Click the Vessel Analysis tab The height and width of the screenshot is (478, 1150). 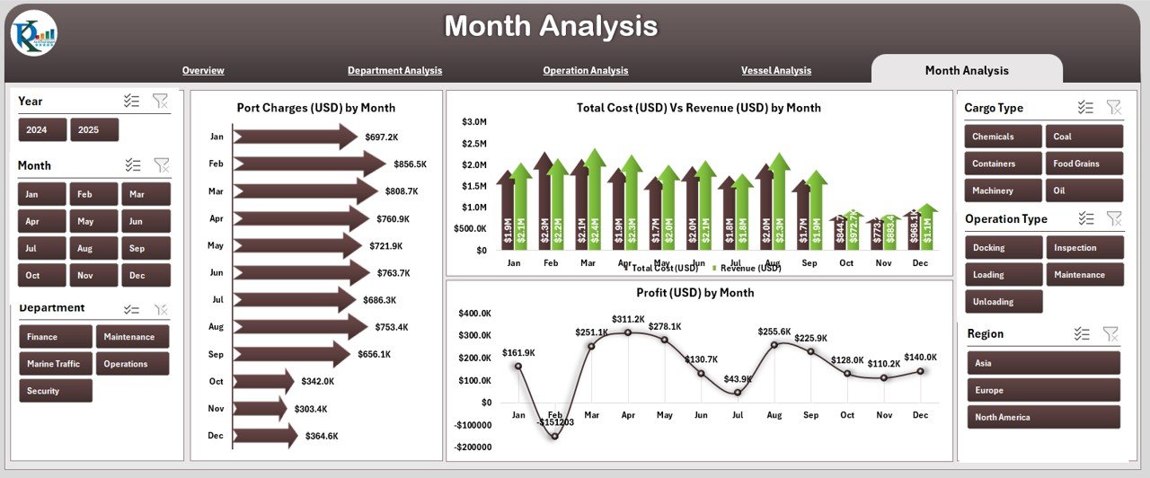click(775, 70)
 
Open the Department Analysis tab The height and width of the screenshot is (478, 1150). click(394, 70)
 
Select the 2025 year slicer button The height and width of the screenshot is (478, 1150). click(94, 130)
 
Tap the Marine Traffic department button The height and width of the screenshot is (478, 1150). click(55, 364)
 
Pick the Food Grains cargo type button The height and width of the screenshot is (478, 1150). click(1084, 164)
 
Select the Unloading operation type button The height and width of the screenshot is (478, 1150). click(1004, 302)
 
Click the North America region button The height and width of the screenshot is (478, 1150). click(1043, 417)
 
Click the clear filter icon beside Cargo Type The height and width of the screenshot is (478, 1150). click(1113, 108)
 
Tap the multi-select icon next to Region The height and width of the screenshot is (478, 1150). click(1082, 334)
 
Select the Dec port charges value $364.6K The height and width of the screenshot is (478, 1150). click(322, 437)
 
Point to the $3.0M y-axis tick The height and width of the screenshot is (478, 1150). click(474, 122)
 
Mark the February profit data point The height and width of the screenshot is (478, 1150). click(555, 436)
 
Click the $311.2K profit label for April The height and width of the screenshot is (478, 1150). click(628, 319)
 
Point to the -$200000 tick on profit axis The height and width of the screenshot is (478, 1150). click(474, 447)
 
